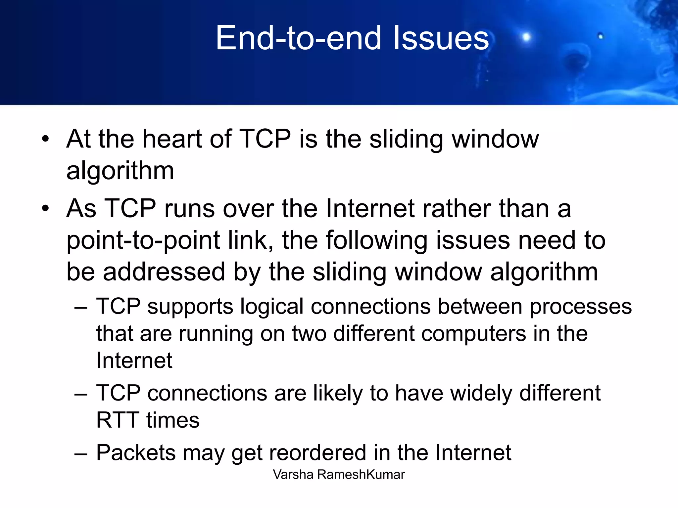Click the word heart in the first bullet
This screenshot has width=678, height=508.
pos(172,139)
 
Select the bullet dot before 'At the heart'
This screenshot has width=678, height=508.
pos(45,139)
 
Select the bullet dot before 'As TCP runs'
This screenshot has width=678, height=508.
pos(45,208)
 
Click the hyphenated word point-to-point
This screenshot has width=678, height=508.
pos(143,241)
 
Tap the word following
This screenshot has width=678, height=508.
pos(377,241)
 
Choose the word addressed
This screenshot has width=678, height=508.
pos(164,272)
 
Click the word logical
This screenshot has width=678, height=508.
pos(271,306)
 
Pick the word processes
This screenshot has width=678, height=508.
pos(581,307)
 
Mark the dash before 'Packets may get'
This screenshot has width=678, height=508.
pos(81,454)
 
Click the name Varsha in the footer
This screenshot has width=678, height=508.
pos(293,475)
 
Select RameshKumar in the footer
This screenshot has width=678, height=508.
pos(361,475)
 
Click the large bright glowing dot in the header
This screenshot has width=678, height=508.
pos(526,37)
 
